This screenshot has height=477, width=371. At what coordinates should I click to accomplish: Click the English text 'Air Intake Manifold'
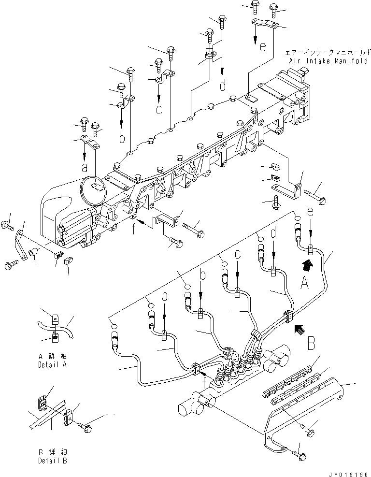coord(329,61)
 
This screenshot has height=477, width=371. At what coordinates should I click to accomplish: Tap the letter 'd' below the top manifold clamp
coord(223,87)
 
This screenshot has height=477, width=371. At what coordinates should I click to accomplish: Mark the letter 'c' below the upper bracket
coord(159,109)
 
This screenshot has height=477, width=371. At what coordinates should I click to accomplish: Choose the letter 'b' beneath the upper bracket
coord(122,138)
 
